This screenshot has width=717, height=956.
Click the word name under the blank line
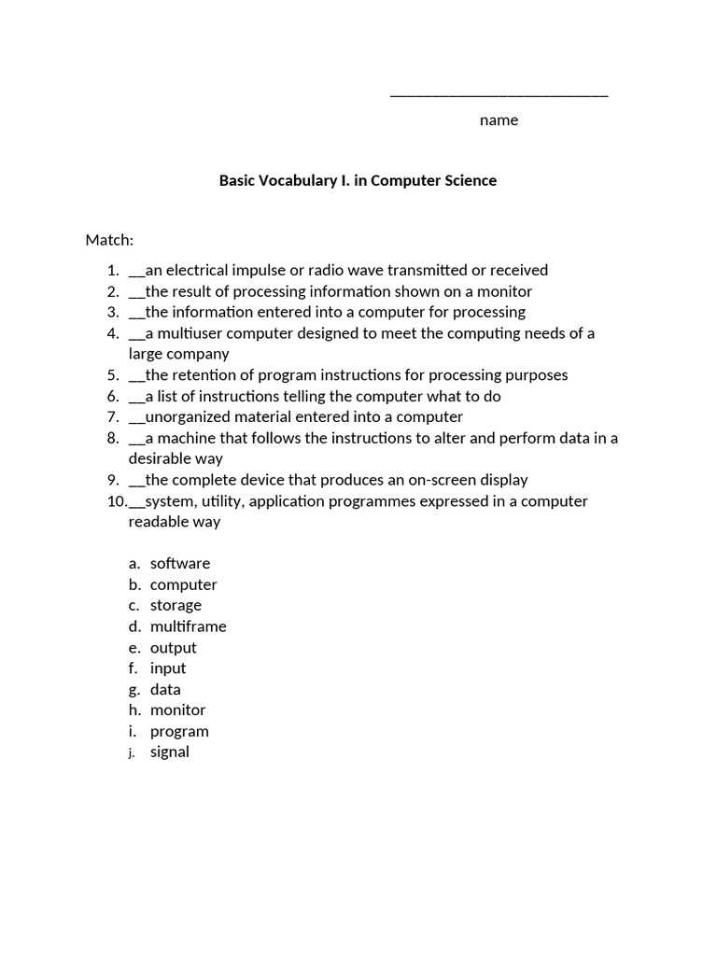(499, 120)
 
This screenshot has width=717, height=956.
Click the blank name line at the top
(499, 95)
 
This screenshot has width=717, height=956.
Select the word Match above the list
(108, 240)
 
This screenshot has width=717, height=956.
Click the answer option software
(180, 563)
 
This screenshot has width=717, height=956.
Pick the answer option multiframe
(188, 626)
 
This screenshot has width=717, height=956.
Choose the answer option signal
(169, 752)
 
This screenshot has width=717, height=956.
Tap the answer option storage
(176, 605)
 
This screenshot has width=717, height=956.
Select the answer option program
(179, 731)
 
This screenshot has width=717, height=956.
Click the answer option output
(173, 647)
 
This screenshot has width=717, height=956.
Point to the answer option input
(168, 668)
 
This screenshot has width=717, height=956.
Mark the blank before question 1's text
(137, 272)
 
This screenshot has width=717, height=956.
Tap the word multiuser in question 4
(192, 333)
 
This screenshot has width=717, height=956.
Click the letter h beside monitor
(135, 710)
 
